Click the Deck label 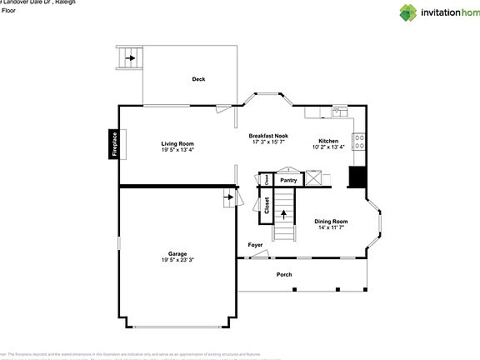click(x=198, y=79)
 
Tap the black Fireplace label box click(x=114, y=143)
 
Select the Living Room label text click(x=177, y=143)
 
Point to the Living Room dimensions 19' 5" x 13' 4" click(x=177, y=150)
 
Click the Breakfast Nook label click(x=268, y=136)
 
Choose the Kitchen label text click(x=327, y=141)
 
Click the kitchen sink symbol click(x=339, y=111)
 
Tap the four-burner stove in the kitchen click(x=360, y=141)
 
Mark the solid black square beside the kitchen click(x=357, y=177)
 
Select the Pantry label click(x=288, y=180)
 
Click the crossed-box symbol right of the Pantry click(x=314, y=177)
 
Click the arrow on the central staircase click(x=285, y=214)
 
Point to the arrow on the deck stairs click(x=131, y=58)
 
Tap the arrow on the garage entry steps click(x=228, y=199)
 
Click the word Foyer click(x=256, y=244)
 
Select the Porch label click(x=284, y=274)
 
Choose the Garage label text click(x=177, y=253)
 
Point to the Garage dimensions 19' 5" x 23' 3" click(x=177, y=260)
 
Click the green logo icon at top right click(x=408, y=12)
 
